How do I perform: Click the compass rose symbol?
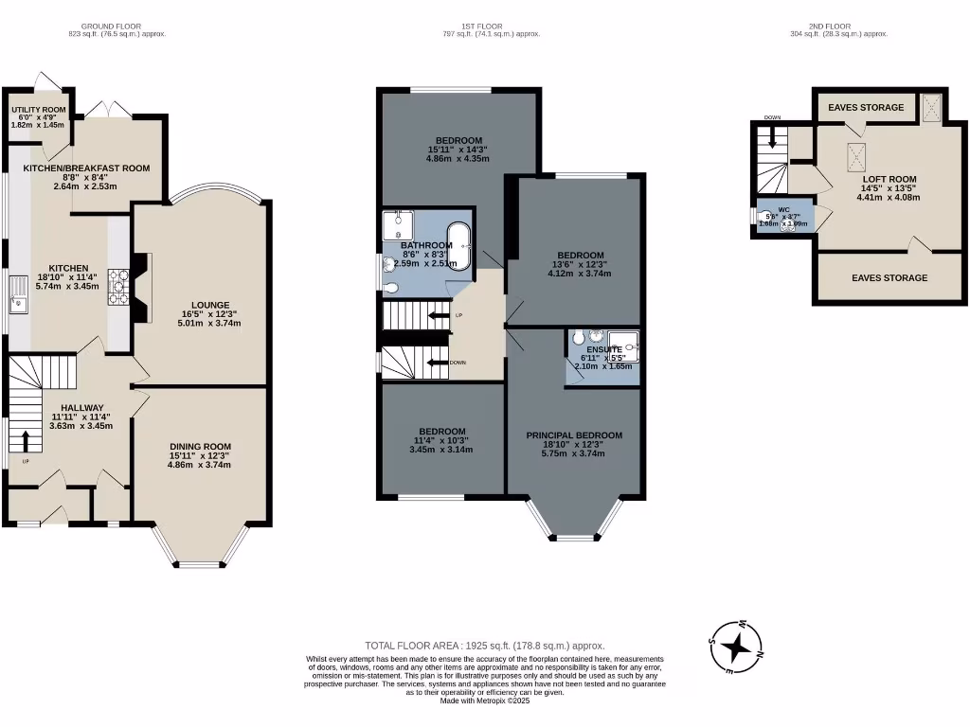736,647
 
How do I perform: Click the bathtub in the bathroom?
458,248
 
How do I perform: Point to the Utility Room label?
39,111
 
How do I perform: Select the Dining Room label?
200,447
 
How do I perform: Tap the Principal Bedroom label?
574,435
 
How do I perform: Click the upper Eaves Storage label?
866,108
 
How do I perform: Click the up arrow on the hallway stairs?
24,439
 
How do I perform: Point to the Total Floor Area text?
484,646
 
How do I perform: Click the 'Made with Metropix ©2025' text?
484,700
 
